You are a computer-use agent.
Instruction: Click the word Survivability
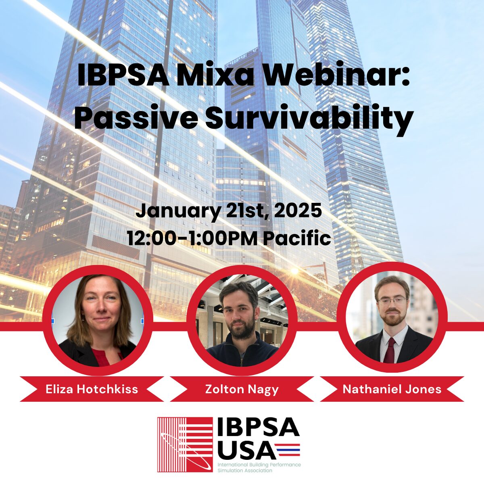pyautogui.click(x=309, y=120)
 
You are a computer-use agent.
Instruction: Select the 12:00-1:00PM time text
pyautogui.click(x=192, y=238)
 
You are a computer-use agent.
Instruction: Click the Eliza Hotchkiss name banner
pyautogui.click(x=92, y=389)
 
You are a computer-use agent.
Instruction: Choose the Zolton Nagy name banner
pyautogui.click(x=242, y=389)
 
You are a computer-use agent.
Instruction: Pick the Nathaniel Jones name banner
pyautogui.click(x=392, y=389)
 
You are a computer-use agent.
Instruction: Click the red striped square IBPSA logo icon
pyautogui.click(x=185, y=444)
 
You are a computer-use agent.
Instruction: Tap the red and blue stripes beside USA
pyautogui.click(x=287, y=450)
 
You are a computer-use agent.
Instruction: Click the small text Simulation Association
pyautogui.click(x=245, y=470)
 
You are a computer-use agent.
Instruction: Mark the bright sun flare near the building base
pyautogui.click(x=294, y=271)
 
